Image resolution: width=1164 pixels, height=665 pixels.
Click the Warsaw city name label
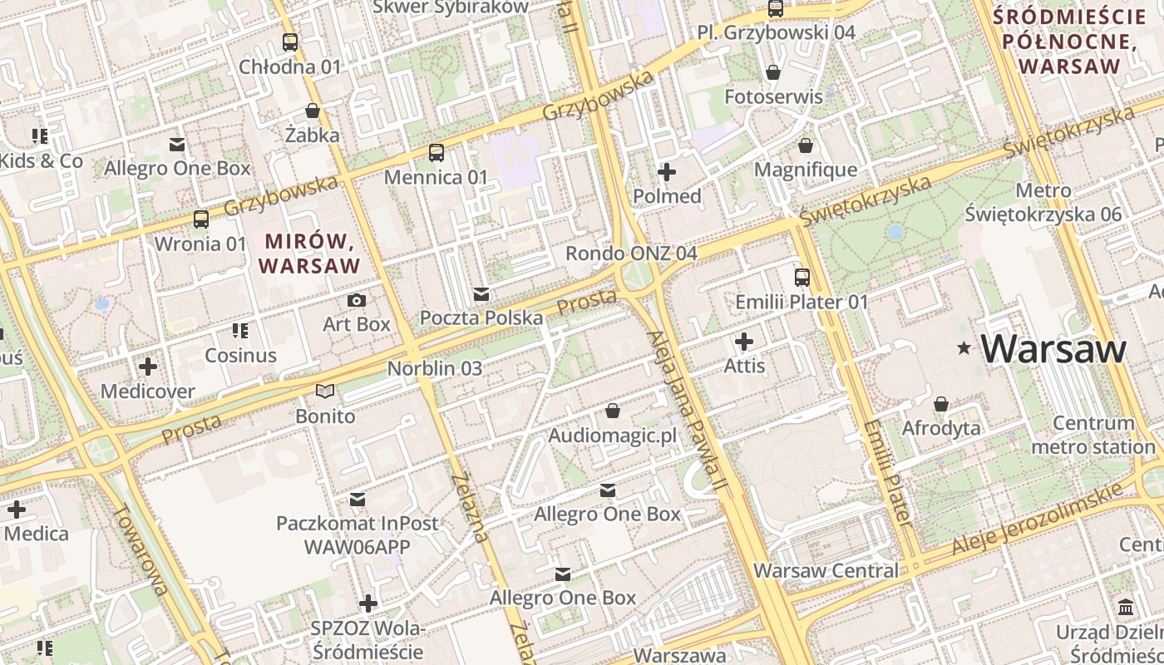tap(1053, 349)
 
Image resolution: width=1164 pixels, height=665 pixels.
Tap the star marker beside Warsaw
tap(964, 348)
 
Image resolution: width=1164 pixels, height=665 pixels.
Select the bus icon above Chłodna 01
tap(290, 42)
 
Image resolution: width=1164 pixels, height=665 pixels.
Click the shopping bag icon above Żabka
tap(313, 111)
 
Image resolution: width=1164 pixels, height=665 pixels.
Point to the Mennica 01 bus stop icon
tap(436, 153)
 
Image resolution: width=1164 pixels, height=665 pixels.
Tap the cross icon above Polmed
tap(667, 172)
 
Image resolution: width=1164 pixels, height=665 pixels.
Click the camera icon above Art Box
tap(357, 300)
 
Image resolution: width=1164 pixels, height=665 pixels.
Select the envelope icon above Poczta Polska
tap(481, 293)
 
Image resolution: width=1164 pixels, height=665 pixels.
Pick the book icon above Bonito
tap(325, 392)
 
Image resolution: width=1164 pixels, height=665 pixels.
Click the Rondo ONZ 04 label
tap(631, 253)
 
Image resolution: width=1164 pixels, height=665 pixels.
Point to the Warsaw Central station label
tap(826, 571)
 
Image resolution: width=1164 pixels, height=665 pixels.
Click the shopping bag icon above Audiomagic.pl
tap(613, 411)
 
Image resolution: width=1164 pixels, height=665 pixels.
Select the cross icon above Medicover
tap(148, 366)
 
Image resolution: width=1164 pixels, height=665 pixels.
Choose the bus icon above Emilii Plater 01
tap(801, 278)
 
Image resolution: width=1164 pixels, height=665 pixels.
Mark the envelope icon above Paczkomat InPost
tap(358, 499)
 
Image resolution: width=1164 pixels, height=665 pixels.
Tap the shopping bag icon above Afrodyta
tap(941, 404)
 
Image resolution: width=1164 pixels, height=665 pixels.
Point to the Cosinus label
tap(241, 355)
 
